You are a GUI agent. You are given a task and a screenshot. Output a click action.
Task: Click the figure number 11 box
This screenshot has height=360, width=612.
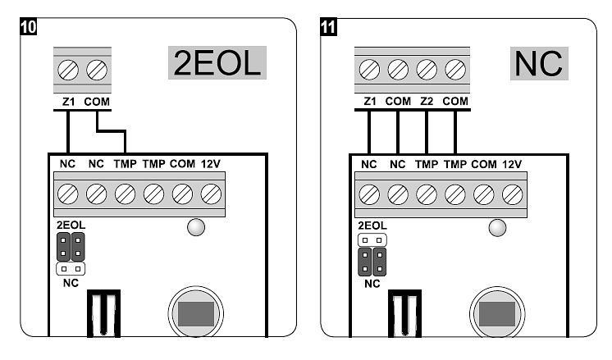[x=328, y=26]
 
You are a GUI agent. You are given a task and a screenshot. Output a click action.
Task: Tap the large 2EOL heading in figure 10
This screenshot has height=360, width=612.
[x=217, y=63]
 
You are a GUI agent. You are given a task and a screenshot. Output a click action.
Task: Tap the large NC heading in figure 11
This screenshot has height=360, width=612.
[x=538, y=63]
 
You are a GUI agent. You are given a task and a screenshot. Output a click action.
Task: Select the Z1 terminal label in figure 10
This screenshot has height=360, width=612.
[x=69, y=103]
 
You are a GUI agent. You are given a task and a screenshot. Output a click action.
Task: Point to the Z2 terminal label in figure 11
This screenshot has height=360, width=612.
[x=426, y=103]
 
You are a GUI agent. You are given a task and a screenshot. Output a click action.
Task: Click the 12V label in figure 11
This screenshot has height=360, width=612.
[x=512, y=164]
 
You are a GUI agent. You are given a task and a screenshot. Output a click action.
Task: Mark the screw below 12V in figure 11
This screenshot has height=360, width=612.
[x=513, y=194]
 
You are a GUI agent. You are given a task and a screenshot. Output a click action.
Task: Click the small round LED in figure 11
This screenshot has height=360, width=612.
[x=496, y=227]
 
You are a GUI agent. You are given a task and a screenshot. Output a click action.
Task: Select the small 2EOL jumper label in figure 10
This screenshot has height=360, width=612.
[x=71, y=225]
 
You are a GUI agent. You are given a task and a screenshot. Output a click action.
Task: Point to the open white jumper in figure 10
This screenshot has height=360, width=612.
[x=71, y=268]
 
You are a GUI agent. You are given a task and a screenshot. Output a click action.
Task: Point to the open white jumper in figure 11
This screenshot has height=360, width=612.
[x=372, y=240]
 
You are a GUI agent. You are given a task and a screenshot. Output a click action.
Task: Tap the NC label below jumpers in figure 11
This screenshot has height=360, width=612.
[x=372, y=284]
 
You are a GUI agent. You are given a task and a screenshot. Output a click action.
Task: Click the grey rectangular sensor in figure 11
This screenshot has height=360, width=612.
[x=497, y=313]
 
